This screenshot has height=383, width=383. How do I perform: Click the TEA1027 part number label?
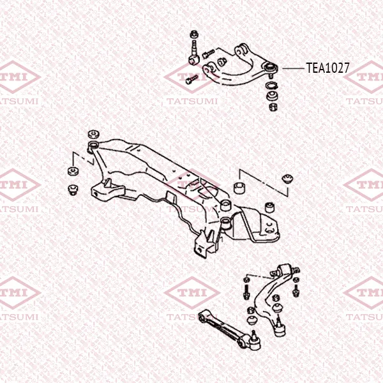[x=328, y=68]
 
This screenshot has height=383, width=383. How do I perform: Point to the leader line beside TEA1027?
[x=293, y=68]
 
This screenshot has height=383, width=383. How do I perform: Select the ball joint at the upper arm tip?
[x=271, y=68]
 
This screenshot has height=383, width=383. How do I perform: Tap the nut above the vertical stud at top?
[x=193, y=34]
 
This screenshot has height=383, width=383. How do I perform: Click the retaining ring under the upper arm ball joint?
[x=271, y=86]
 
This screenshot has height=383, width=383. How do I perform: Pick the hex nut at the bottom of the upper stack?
[x=273, y=107]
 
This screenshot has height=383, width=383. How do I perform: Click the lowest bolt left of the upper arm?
[x=191, y=80]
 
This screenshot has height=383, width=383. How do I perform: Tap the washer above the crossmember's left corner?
[x=94, y=134]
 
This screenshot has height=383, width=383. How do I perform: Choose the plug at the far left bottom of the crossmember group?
[x=73, y=190]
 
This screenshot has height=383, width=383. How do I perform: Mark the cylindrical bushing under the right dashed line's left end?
[x=239, y=187]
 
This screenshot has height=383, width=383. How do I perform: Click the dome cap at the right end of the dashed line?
[x=287, y=179]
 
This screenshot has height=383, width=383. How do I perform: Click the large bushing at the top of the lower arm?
[x=286, y=269]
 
